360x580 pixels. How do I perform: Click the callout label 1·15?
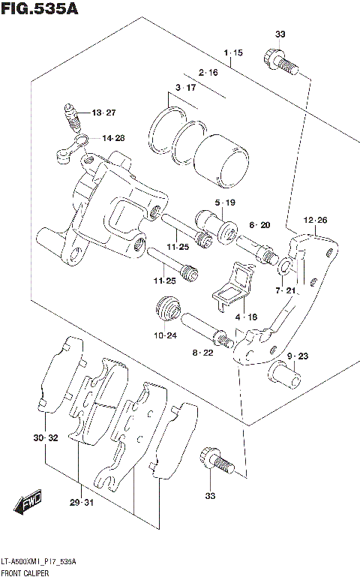click(x=232, y=53)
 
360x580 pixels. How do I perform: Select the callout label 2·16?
click(x=208, y=73)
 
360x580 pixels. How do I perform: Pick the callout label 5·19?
click(x=225, y=203)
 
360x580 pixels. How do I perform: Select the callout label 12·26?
click(x=316, y=220)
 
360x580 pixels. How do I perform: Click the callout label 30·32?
click(x=46, y=437)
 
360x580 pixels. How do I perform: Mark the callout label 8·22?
click(x=202, y=352)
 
